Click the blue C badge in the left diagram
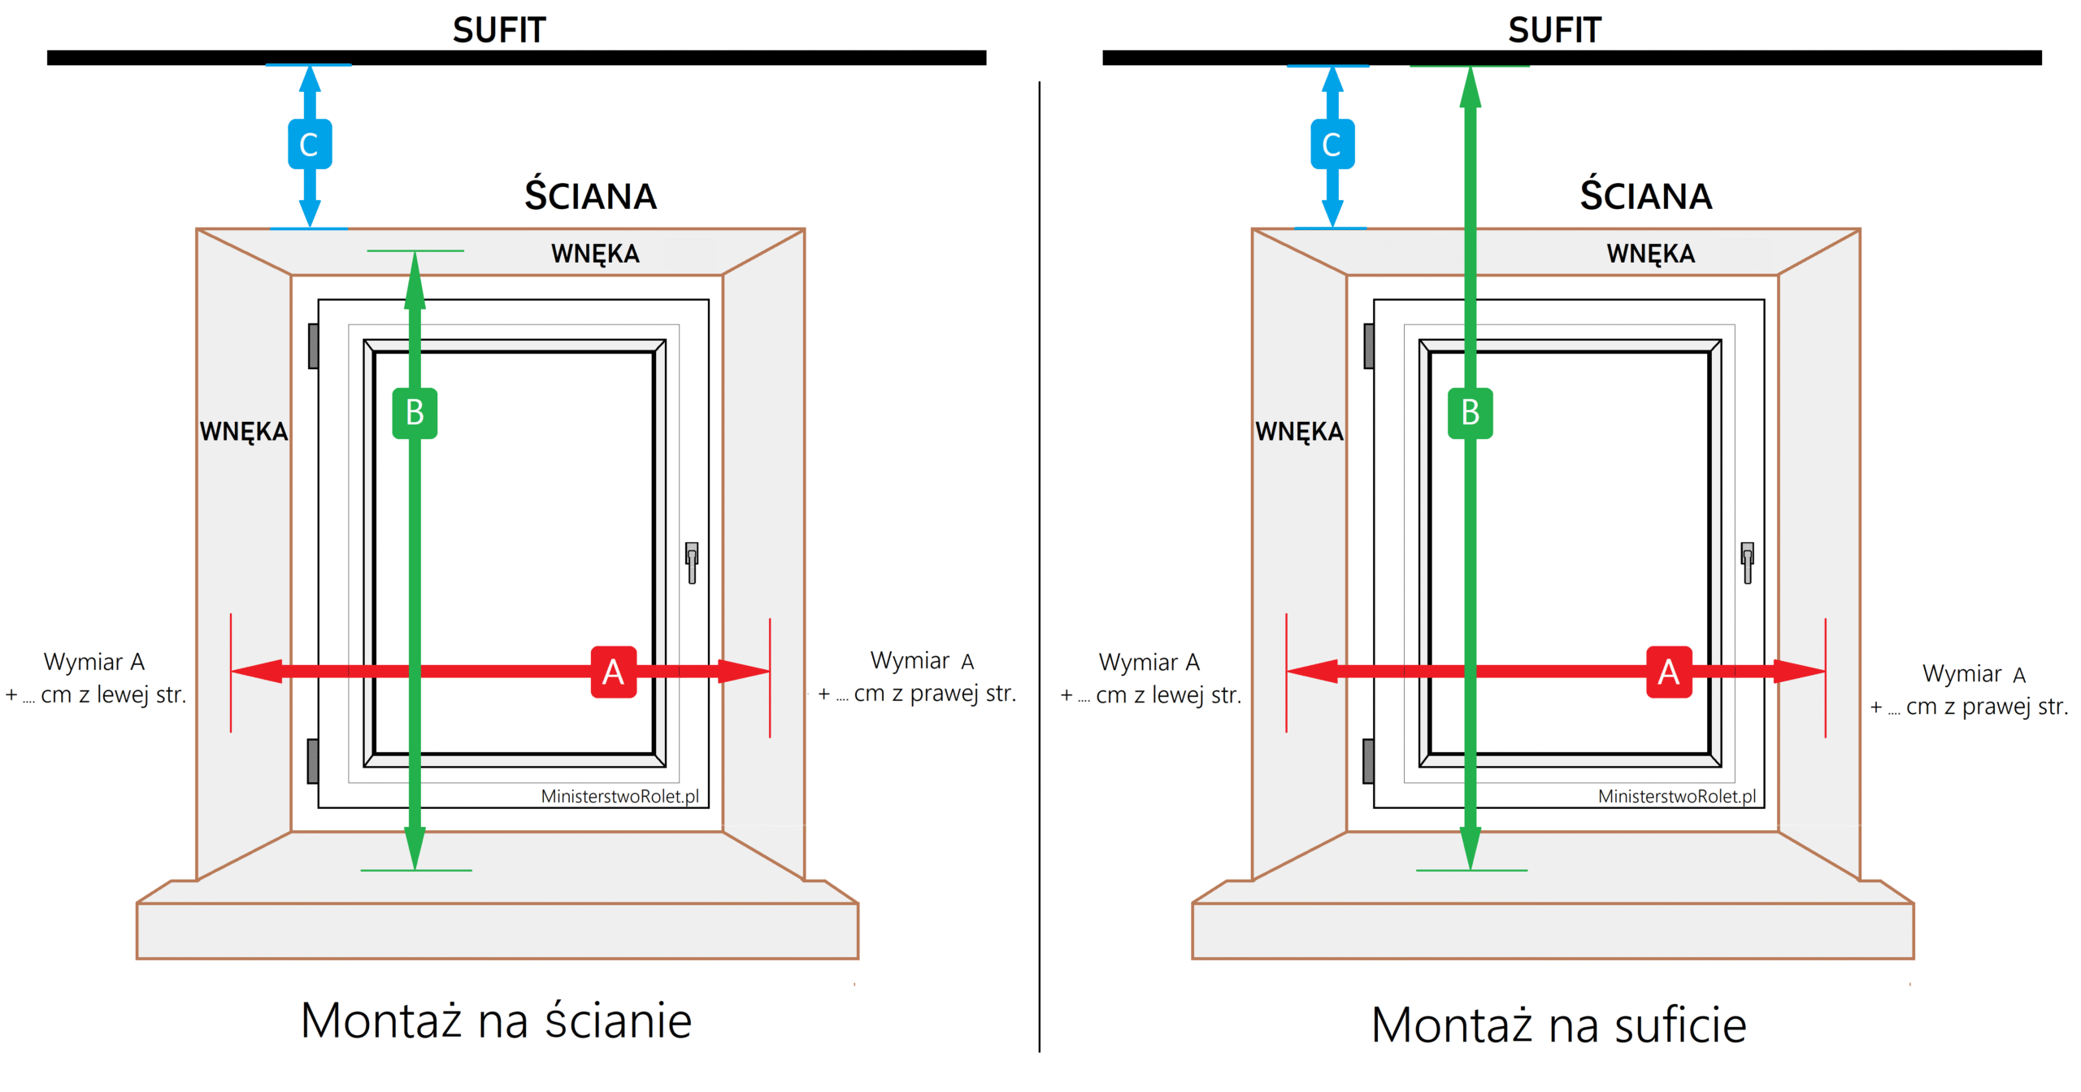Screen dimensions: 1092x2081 coord(309,144)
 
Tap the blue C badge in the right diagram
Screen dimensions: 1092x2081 coord(1332,144)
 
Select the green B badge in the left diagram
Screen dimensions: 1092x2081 coord(415,413)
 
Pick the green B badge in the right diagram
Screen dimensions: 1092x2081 coord(1470,413)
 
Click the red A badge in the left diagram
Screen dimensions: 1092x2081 coord(613,672)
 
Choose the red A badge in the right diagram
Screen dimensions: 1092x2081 coord(1668,672)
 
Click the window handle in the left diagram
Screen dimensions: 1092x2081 coord(692,562)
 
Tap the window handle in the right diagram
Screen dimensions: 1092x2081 coord(1747,562)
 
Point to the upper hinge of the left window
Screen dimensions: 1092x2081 coord(313,346)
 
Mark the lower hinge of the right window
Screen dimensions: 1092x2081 coord(1368,761)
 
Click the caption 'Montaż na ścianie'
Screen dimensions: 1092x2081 coord(496,1020)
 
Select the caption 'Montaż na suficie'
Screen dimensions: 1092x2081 coord(1558,1025)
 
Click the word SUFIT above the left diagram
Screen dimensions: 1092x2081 coord(499,31)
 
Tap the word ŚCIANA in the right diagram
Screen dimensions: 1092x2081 coord(1645,196)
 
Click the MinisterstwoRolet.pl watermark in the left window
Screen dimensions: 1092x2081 coord(619,796)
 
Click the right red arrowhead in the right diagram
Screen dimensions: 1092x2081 coord(1800,671)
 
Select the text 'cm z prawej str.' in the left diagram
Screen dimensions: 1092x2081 coord(934,694)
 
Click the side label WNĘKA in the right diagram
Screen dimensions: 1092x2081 coord(1299,431)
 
